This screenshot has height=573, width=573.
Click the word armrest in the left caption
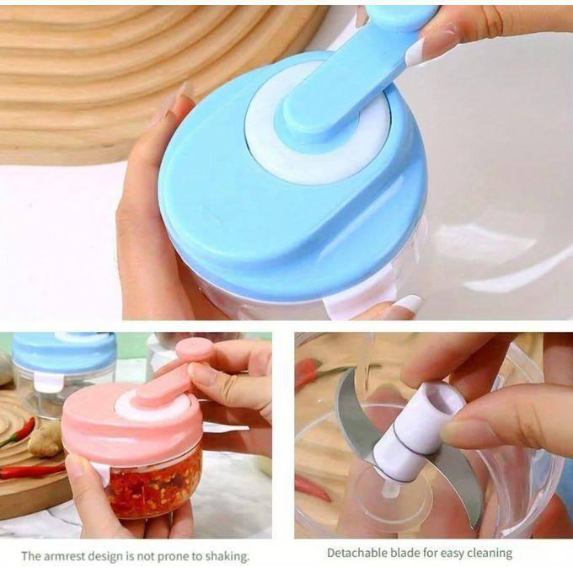point(64,556)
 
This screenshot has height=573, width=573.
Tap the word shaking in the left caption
point(227,556)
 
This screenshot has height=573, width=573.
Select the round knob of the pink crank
point(194,349)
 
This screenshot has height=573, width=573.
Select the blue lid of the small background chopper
point(63,351)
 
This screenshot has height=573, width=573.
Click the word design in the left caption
point(105,556)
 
